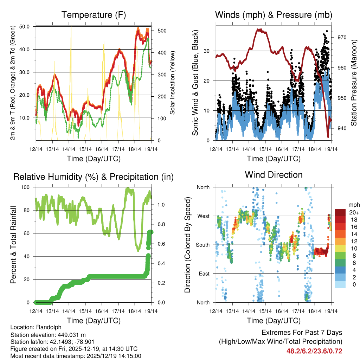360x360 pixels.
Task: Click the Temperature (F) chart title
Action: (x=94, y=15)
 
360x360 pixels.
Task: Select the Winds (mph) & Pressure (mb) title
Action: (x=274, y=15)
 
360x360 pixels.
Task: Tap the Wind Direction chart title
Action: (x=274, y=175)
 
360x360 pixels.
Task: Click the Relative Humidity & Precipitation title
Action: (x=94, y=177)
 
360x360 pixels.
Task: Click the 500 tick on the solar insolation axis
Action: (x=162, y=31)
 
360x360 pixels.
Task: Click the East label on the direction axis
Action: (x=204, y=274)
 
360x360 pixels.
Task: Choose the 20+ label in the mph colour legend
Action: (x=354, y=212)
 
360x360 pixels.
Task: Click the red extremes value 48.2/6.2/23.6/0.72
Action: (x=314, y=351)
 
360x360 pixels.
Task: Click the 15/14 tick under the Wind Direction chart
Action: (x=264, y=311)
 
